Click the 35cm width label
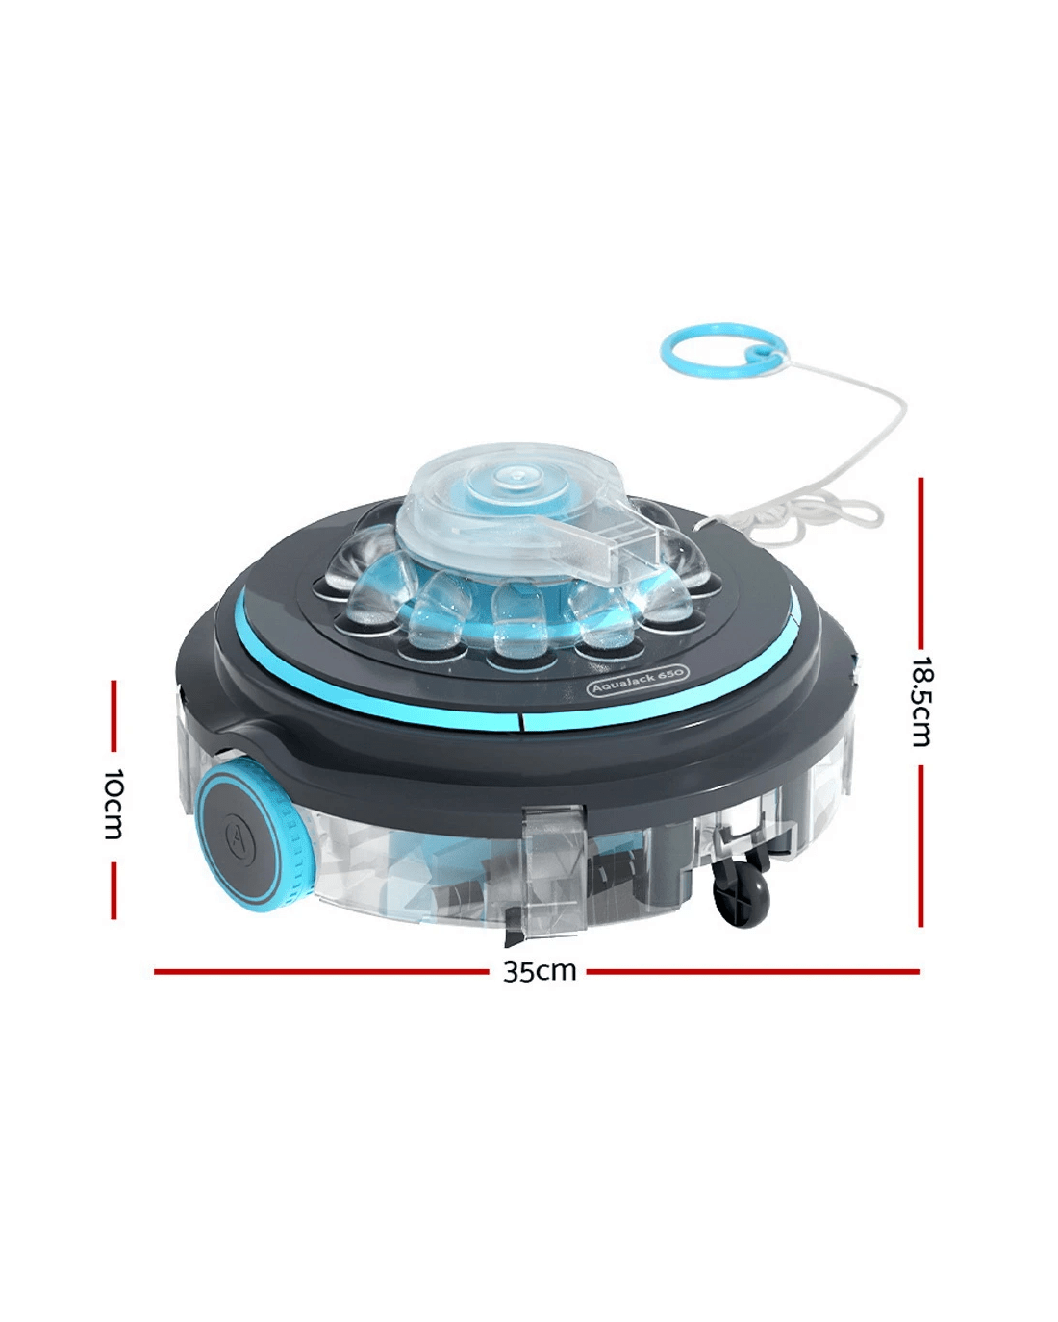[x=540, y=972]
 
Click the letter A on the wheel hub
[x=236, y=835]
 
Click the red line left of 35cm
[x=321, y=972]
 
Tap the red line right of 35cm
[x=753, y=972]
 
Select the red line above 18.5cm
[x=920, y=562]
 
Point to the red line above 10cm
[x=113, y=715]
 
